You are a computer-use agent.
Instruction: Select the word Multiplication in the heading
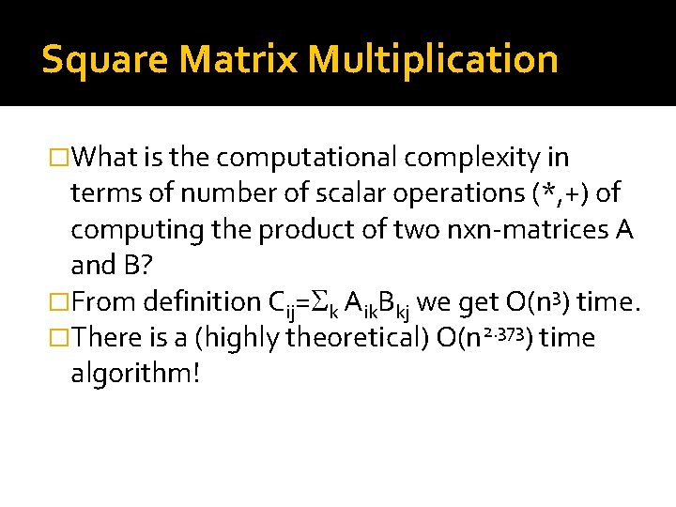(433, 59)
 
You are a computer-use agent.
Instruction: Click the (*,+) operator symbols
(559, 193)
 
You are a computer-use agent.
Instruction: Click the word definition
(203, 301)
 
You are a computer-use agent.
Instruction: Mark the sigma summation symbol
(319, 302)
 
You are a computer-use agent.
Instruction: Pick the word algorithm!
(135, 373)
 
